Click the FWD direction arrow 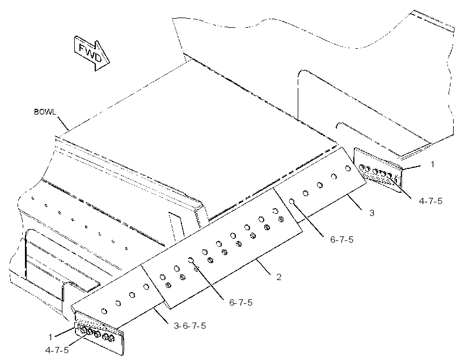click(92, 53)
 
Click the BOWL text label click(45, 112)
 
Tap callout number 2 click(279, 277)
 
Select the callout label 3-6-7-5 click(190, 326)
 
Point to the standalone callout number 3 click(372, 213)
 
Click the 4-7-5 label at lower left click(57, 350)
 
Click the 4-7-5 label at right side click(430, 201)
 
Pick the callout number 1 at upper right click(432, 164)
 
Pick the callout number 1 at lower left click(50, 337)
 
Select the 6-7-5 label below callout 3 click(342, 240)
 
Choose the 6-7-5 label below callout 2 click(241, 303)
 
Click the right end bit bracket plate click(378, 170)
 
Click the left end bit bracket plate click(99, 333)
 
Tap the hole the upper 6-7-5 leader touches click(291, 202)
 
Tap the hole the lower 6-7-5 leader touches click(191, 260)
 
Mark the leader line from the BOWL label click(63, 124)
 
